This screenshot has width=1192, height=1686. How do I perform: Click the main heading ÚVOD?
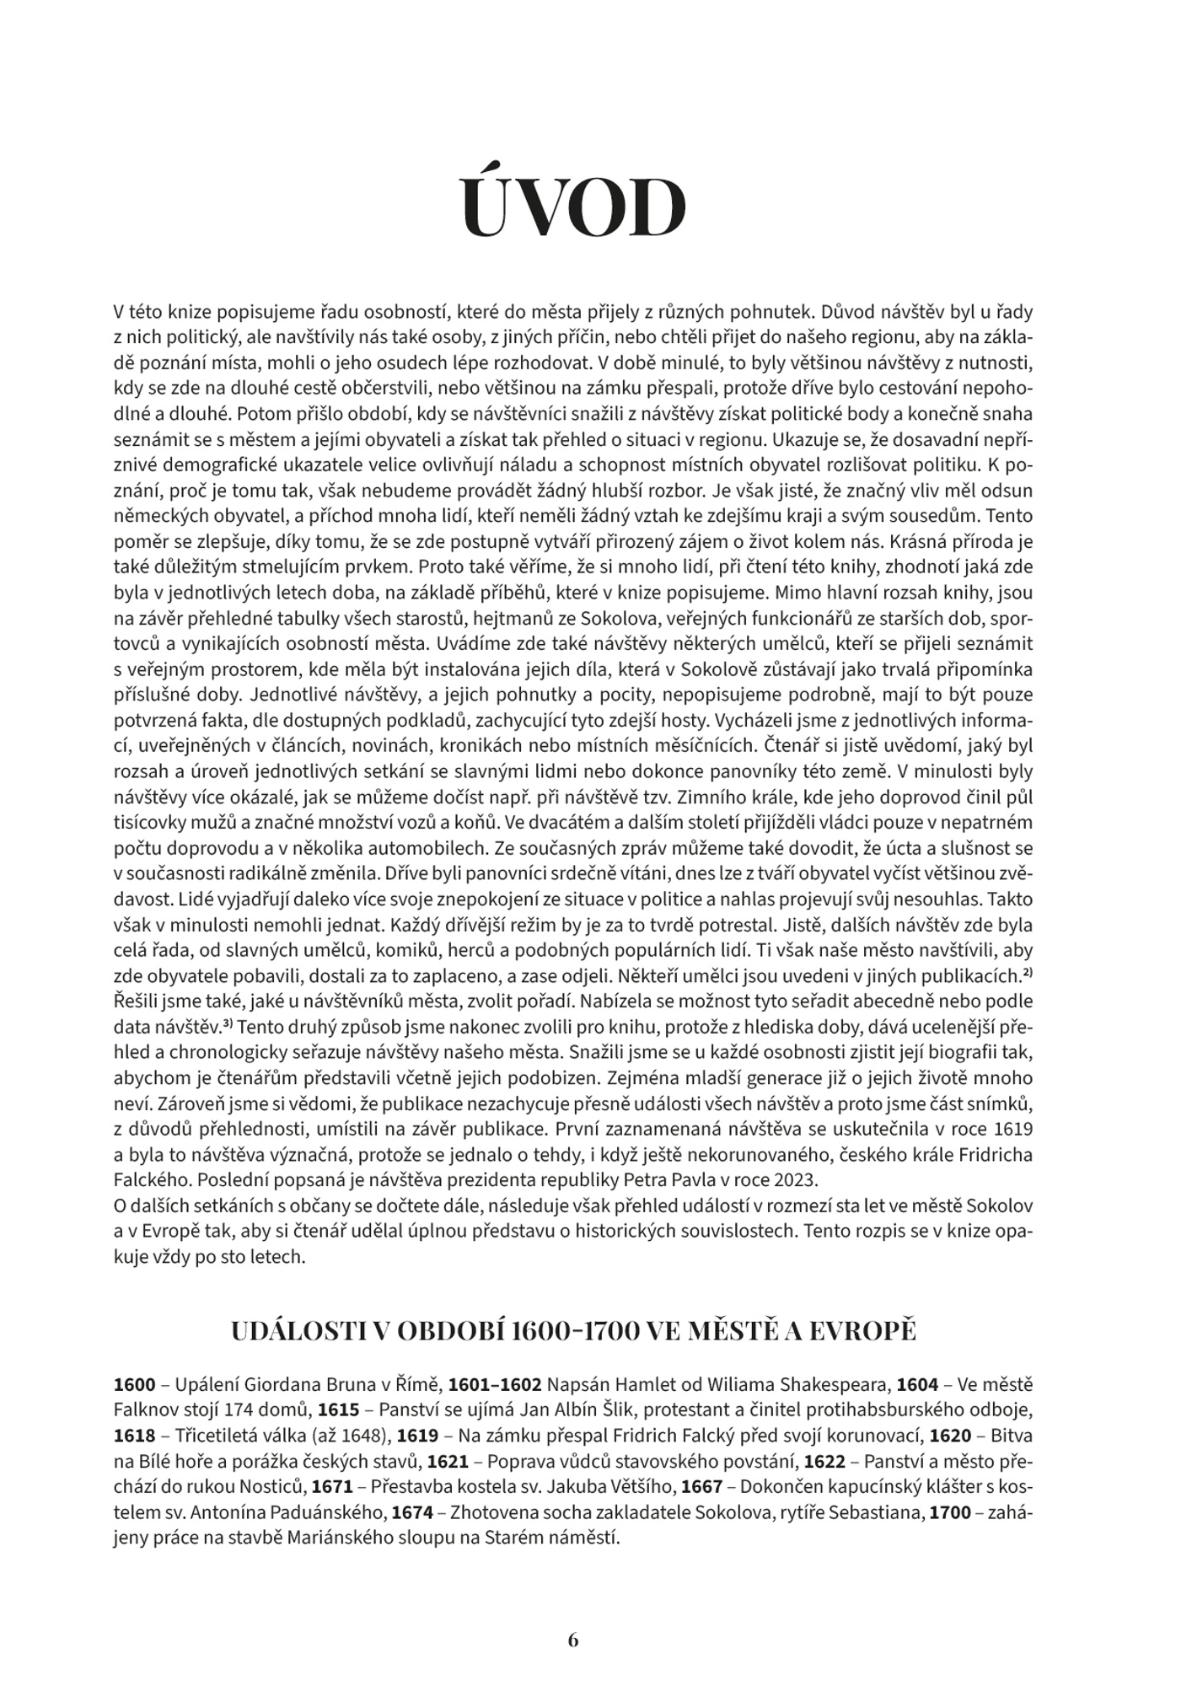[x=573, y=207]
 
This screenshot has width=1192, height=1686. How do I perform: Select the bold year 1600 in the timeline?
[x=135, y=1385]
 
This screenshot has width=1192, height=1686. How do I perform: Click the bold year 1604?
[x=918, y=1385]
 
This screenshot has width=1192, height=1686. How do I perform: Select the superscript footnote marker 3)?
[x=227, y=1025]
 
